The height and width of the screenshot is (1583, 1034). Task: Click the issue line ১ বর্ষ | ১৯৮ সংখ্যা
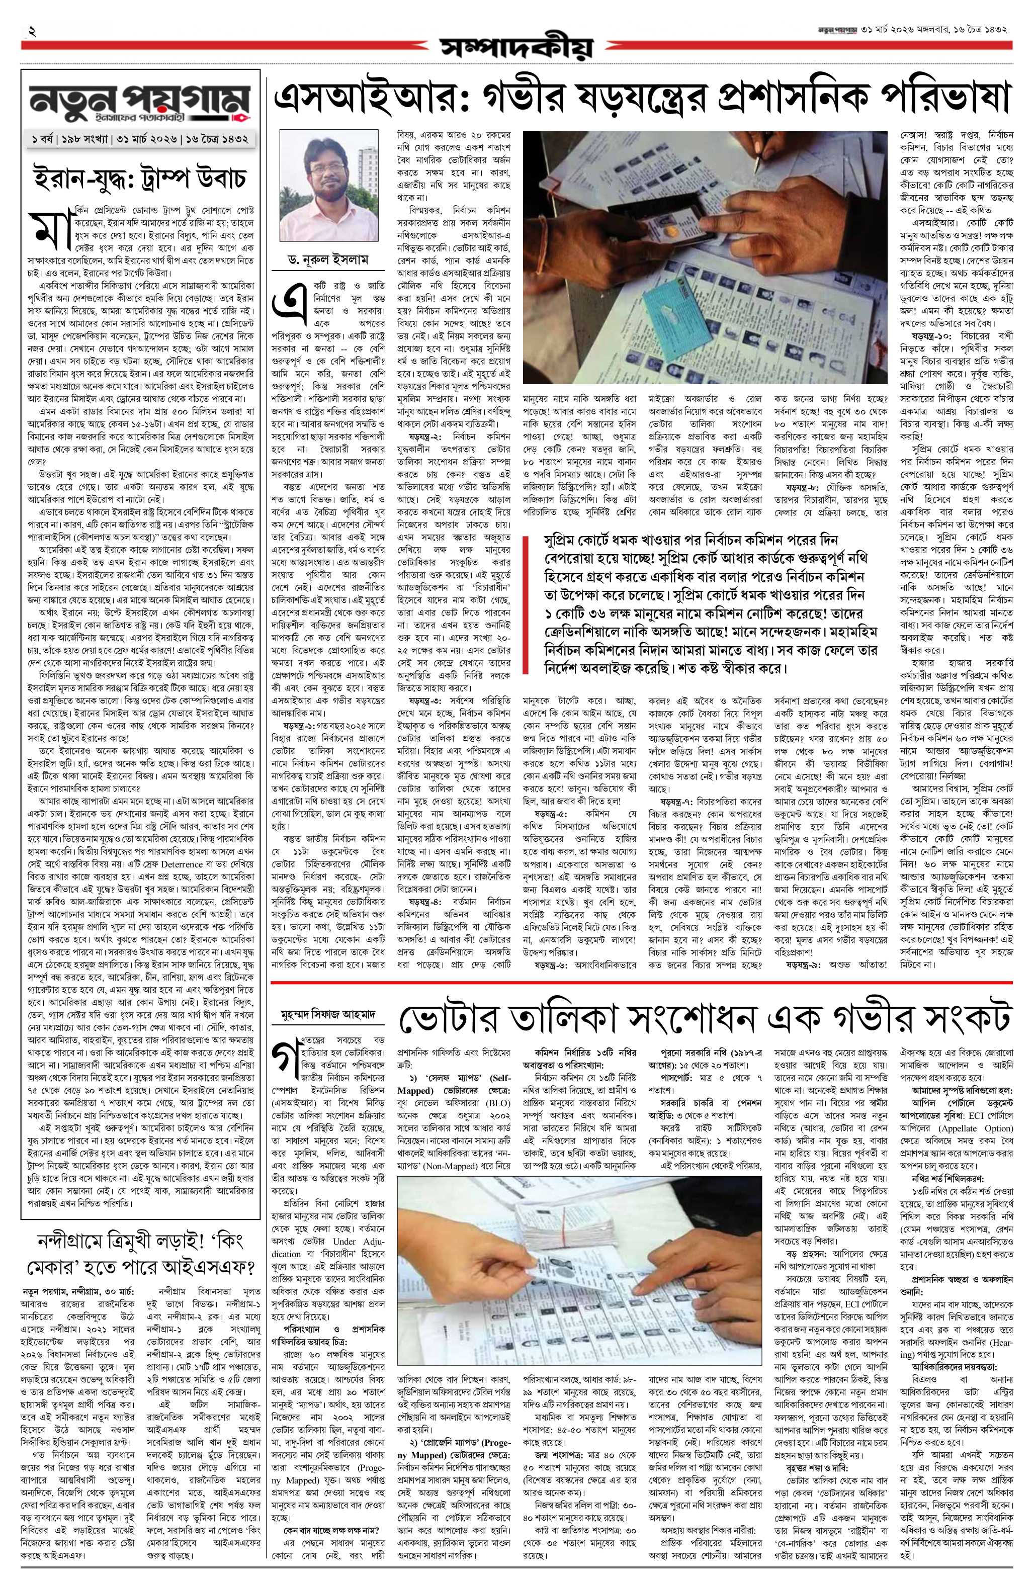tap(68, 141)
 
